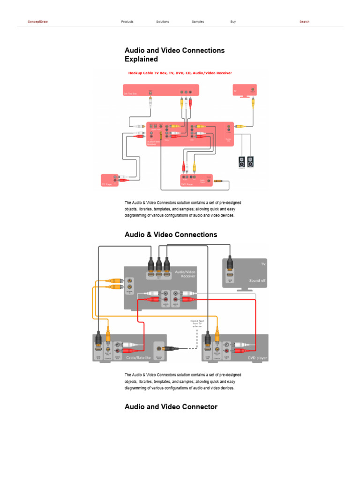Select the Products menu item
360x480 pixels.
click(127, 22)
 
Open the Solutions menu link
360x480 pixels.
click(163, 22)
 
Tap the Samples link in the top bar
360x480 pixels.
click(198, 22)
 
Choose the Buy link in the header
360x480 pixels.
click(233, 22)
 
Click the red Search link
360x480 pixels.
click(304, 22)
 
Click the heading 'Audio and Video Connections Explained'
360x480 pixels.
click(174, 55)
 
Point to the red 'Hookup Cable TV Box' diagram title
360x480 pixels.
click(180, 73)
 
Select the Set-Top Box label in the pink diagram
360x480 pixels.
click(130, 94)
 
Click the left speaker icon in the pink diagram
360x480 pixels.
click(241, 162)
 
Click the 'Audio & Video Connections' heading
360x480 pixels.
click(171, 234)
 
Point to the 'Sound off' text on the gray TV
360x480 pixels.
click(257, 280)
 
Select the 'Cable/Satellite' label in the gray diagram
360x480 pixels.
click(138, 358)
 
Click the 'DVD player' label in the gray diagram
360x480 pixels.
click(257, 358)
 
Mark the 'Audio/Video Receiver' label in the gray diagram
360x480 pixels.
click(185, 274)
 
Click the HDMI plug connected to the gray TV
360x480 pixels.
click(230, 265)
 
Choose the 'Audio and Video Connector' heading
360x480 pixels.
click(171, 406)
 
